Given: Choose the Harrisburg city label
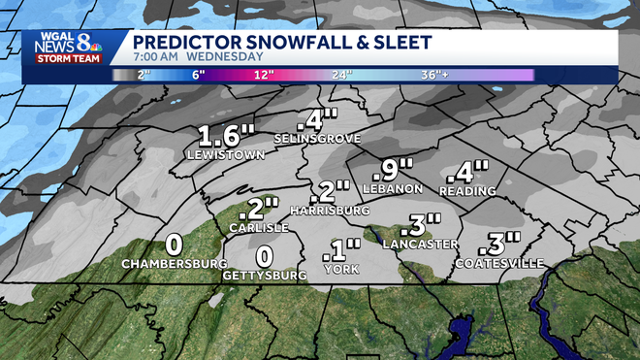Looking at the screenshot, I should [332, 211].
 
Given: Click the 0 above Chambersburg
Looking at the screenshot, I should [175, 244].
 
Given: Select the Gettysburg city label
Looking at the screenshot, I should [266, 276].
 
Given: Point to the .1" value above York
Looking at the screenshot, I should [339, 250].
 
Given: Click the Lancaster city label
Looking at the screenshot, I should [418, 244].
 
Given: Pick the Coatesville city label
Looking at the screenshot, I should [497, 263].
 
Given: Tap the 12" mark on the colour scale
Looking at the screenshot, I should [263, 75].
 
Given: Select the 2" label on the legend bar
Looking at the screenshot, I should [145, 75].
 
